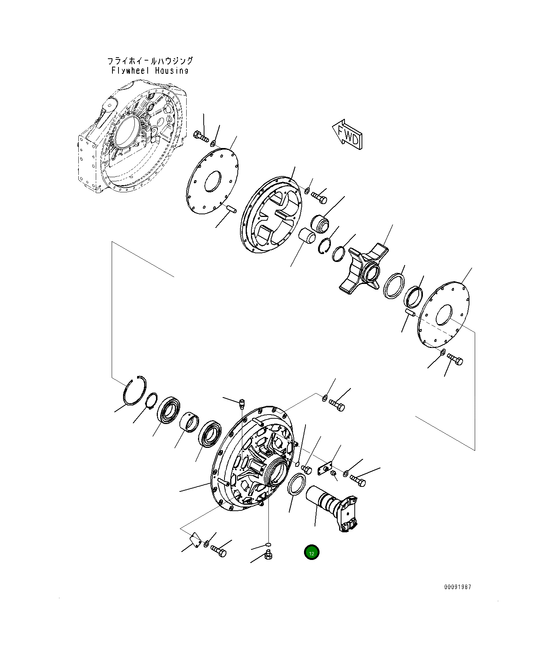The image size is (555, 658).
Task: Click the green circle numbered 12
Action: coord(312,553)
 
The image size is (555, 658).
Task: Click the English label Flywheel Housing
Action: coord(150,70)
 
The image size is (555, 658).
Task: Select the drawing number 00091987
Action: coord(458,587)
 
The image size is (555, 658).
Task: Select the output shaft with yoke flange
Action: coord(332,507)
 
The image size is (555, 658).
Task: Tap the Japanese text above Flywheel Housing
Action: coord(150,61)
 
